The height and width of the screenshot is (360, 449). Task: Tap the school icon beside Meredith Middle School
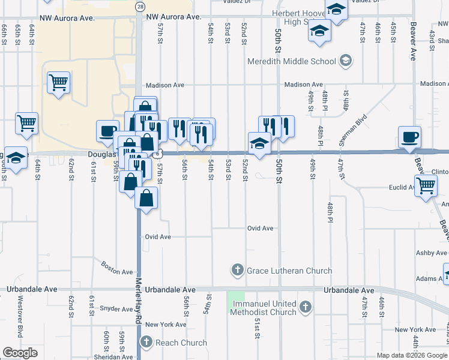coord(345,61)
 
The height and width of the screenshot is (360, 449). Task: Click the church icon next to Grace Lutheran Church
coord(238,270)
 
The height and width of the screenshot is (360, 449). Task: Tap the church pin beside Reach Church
coord(146,343)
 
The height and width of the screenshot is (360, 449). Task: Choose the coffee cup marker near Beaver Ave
coord(409,137)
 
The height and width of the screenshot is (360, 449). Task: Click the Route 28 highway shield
coord(140,6)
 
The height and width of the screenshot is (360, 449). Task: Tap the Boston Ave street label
coord(116,268)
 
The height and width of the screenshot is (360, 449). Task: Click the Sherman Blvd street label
coord(352,131)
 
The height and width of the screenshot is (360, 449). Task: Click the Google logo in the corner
coord(20,353)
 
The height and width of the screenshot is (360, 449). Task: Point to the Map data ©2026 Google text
coord(412,355)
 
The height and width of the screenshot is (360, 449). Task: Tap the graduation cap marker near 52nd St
coord(259,143)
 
